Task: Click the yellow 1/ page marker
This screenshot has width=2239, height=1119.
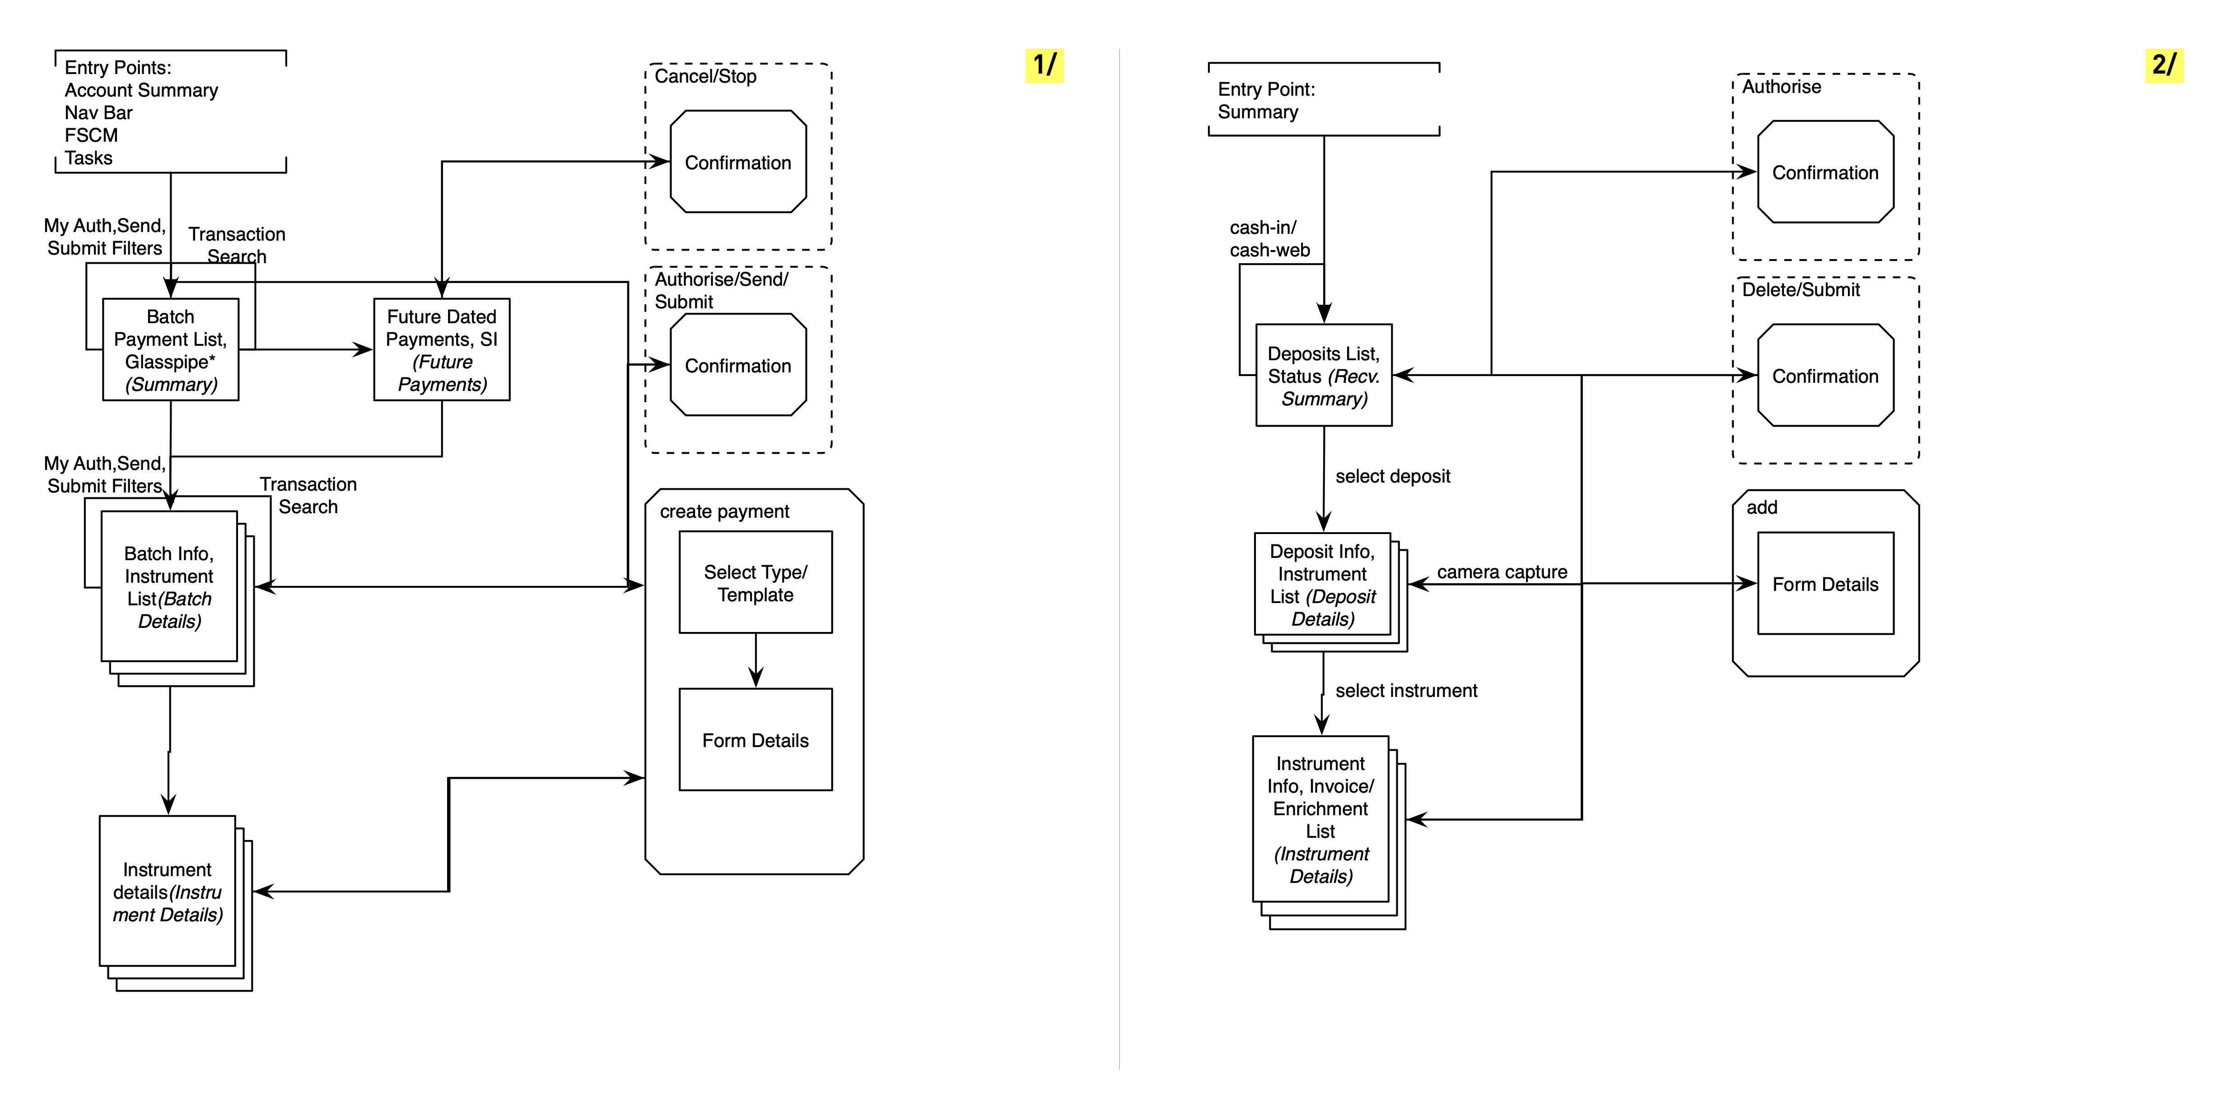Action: tap(1044, 65)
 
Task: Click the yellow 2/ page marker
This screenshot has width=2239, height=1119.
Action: tap(2164, 65)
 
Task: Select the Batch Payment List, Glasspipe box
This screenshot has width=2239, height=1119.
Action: tap(170, 349)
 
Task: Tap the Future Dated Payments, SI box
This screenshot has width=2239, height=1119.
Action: tap(442, 349)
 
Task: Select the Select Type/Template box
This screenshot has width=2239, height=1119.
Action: tap(756, 582)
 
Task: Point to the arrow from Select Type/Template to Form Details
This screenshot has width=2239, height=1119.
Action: tap(756, 660)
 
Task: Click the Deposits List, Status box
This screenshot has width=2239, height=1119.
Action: tap(1324, 375)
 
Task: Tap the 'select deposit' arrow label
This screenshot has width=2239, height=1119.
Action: tap(1392, 476)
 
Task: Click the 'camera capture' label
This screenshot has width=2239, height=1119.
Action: tap(1502, 571)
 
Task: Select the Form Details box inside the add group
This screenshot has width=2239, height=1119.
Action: tap(1825, 584)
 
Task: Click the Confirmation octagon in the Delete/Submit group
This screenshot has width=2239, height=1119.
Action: tap(1825, 375)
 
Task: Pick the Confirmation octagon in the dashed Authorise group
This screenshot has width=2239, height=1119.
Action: tap(1825, 172)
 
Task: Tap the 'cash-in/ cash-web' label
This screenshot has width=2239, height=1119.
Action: tap(1269, 239)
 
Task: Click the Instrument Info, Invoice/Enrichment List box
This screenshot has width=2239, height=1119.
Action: tap(1320, 819)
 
